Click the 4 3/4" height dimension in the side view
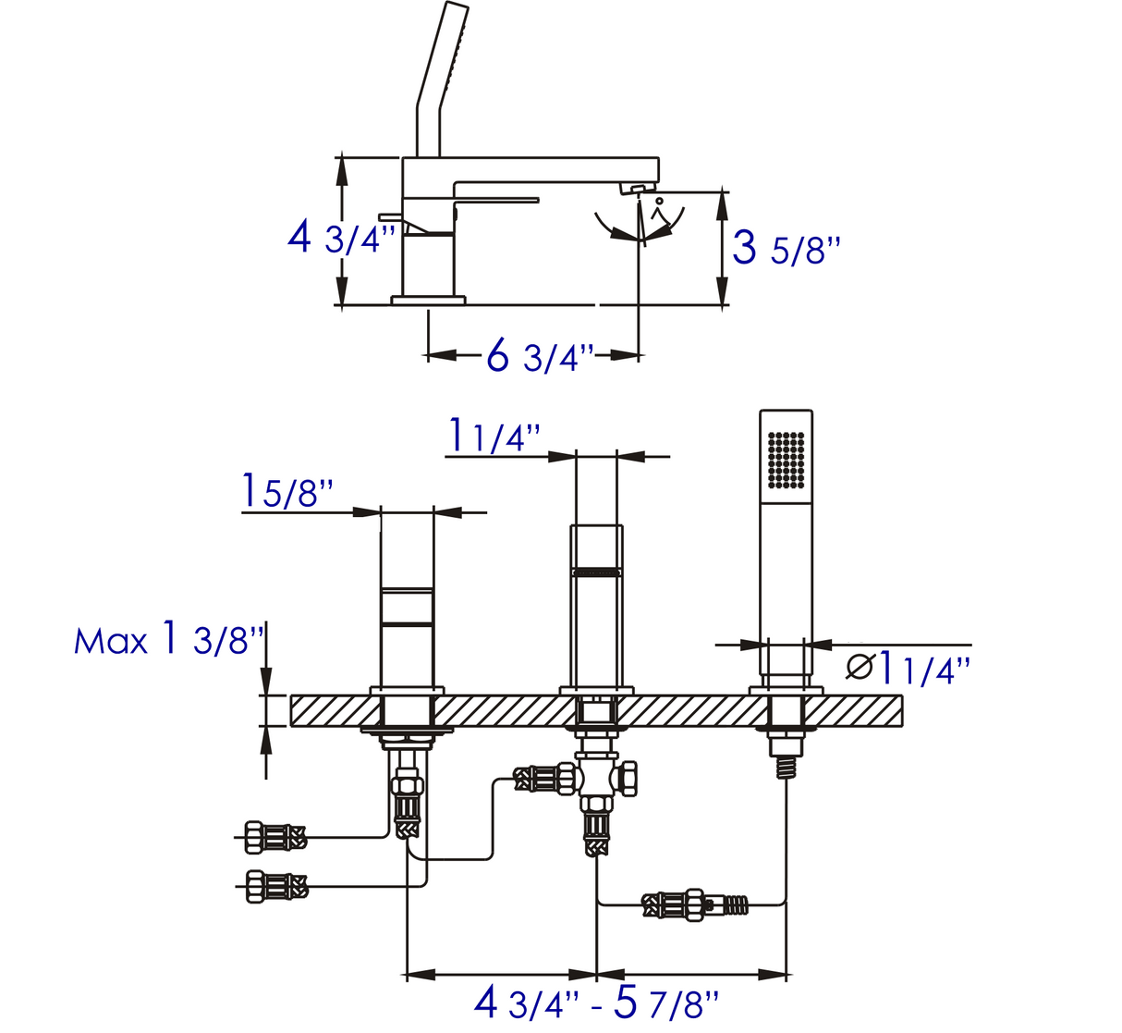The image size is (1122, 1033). pyautogui.click(x=341, y=240)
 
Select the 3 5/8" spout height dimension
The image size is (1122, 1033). pyautogui.click(x=786, y=249)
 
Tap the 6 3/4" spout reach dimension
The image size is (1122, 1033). pyautogui.click(x=541, y=355)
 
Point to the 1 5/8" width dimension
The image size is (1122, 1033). pyautogui.click(x=287, y=490)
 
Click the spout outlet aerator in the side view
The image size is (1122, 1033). pyautogui.click(x=638, y=189)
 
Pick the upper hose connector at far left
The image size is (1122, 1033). pyautogui.click(x=274, y=838)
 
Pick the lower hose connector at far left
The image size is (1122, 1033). pyautogui.click(x=274, y=886)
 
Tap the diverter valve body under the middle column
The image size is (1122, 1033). pyautogui.click(x=597, y=778)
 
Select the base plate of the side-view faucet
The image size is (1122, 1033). pyautogui.click(x=428, y=300)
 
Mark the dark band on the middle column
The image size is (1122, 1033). pyautogui.click(x=596, y=572)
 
